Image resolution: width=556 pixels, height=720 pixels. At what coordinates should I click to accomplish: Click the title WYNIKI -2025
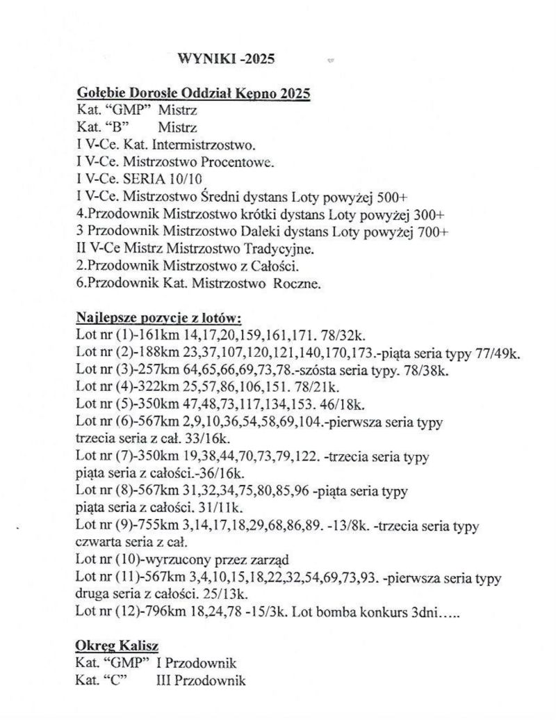click(x=227, y=58)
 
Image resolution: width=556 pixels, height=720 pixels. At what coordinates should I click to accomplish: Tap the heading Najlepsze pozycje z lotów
click(x=158, y=319)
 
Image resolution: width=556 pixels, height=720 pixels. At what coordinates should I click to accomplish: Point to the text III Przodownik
click(x=202, y=680)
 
